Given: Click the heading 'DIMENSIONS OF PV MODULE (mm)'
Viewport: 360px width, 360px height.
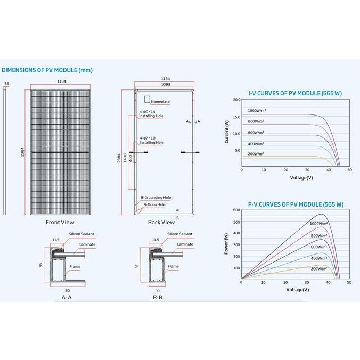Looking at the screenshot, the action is click(x=40, y=70).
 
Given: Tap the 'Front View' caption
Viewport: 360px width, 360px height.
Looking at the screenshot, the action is click(x=60, y=222).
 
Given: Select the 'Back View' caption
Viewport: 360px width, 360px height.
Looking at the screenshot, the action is click(x=161, y=222).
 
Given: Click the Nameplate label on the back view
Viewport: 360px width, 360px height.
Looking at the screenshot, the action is click(x=159, y=101).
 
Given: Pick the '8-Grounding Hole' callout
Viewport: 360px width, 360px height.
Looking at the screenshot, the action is click(x=156, y=198).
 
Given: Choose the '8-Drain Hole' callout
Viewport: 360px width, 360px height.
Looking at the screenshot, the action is click(x=154, y=204).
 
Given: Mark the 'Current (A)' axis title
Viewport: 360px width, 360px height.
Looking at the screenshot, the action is click(x=227, y=132).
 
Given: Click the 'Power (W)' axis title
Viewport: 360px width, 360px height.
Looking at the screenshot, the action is click(x=226, y=243).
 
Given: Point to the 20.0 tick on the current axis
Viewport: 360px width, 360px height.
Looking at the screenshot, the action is click(x=236, y=100).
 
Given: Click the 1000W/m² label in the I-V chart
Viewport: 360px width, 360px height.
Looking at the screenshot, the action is click(x=257, y=110).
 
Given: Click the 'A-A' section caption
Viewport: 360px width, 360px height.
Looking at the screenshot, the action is click(x=67, y=297).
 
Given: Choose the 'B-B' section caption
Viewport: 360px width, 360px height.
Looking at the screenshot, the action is click(x=158, y=297).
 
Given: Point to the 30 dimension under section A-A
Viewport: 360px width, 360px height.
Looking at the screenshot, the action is click(x=67, y=290).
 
